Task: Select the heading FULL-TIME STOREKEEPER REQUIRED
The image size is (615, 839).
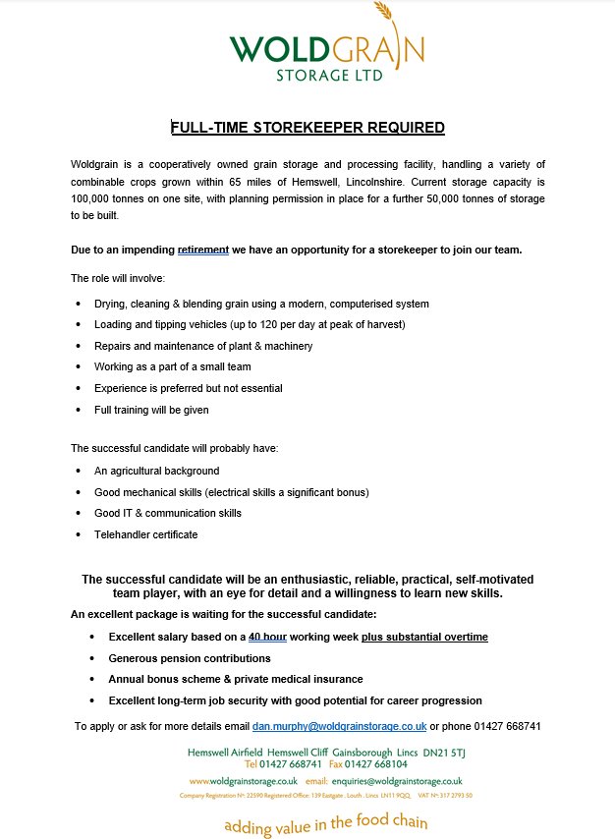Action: pos(307,128)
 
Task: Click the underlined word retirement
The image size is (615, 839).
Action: pos(203,250)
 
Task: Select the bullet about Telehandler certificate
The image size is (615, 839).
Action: pos(145,534)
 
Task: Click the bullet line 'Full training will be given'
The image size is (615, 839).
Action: pos(151,410)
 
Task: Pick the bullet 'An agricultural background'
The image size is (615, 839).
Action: pos(156,471)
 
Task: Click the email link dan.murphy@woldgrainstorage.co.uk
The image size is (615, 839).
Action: pos(339,726)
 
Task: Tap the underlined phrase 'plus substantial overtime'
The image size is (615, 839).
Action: pos(424,637)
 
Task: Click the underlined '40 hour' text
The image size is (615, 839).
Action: pos(267,637)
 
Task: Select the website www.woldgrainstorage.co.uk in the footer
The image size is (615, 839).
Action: pos(243,781)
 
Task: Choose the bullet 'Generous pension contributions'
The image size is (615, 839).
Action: pos(190,658)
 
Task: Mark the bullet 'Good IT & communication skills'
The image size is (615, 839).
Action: pos(167,513)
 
